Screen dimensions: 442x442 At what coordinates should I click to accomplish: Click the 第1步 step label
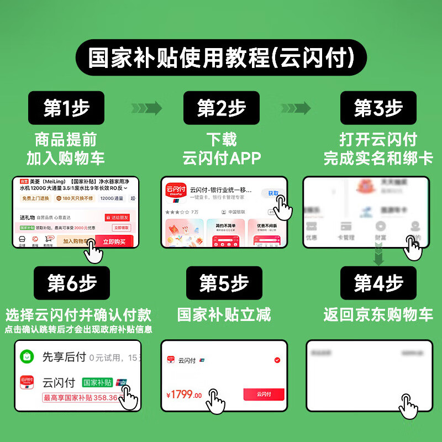66,108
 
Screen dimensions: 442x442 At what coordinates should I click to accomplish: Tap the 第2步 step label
221,108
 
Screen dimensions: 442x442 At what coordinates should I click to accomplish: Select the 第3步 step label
378,108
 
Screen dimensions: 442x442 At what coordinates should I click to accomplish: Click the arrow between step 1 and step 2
146,108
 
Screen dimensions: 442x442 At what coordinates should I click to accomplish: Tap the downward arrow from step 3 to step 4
378,256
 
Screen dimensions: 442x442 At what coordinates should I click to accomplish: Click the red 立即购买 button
114,241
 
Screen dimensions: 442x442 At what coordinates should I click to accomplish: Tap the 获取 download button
273,193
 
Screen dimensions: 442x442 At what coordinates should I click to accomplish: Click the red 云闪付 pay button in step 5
264,394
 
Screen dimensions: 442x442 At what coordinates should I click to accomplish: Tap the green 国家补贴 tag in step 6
97,382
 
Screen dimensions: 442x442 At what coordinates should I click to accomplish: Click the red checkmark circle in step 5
277,360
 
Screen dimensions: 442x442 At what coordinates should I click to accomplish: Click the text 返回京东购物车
378,315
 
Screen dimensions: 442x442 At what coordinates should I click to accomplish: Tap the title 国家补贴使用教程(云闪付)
221,57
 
